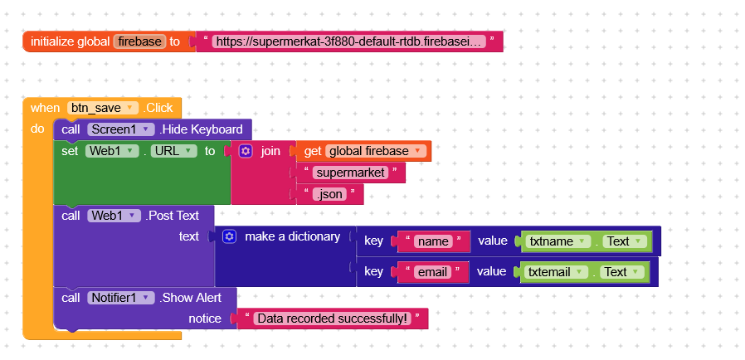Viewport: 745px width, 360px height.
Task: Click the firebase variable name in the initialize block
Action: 139,41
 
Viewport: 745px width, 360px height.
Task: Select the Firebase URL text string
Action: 349,41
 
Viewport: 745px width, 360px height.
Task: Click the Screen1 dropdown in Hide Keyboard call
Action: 121,129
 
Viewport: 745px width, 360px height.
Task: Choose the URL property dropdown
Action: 173,151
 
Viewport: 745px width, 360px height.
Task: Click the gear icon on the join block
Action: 246,151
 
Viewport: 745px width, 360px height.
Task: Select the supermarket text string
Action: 351,173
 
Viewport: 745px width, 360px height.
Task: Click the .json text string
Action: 330,194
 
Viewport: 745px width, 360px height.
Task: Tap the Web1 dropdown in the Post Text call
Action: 113,216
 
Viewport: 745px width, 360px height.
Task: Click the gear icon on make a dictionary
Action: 230,236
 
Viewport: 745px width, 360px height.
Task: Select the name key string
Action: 432,241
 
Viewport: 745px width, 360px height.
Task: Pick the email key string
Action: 432,272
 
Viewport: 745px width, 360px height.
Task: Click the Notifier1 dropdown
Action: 121,297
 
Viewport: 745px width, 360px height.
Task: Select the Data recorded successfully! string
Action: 333,319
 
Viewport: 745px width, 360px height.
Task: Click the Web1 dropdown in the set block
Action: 112,151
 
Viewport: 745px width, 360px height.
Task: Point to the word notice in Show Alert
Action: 205,319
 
